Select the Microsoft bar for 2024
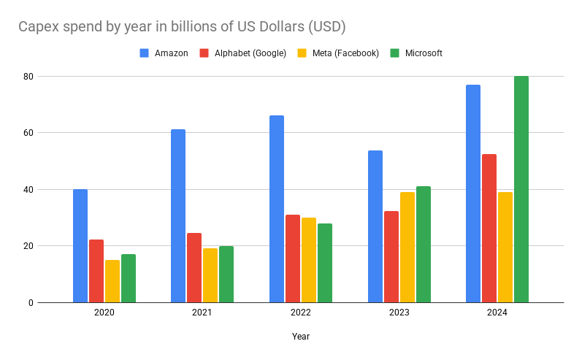521,189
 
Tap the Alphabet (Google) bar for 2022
293,258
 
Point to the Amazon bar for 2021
178,215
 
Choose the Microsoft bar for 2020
129,278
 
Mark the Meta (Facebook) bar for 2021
210,275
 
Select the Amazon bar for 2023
375,226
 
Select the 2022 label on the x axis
300,313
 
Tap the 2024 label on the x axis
497,313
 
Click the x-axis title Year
300,337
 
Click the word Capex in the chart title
39,27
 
